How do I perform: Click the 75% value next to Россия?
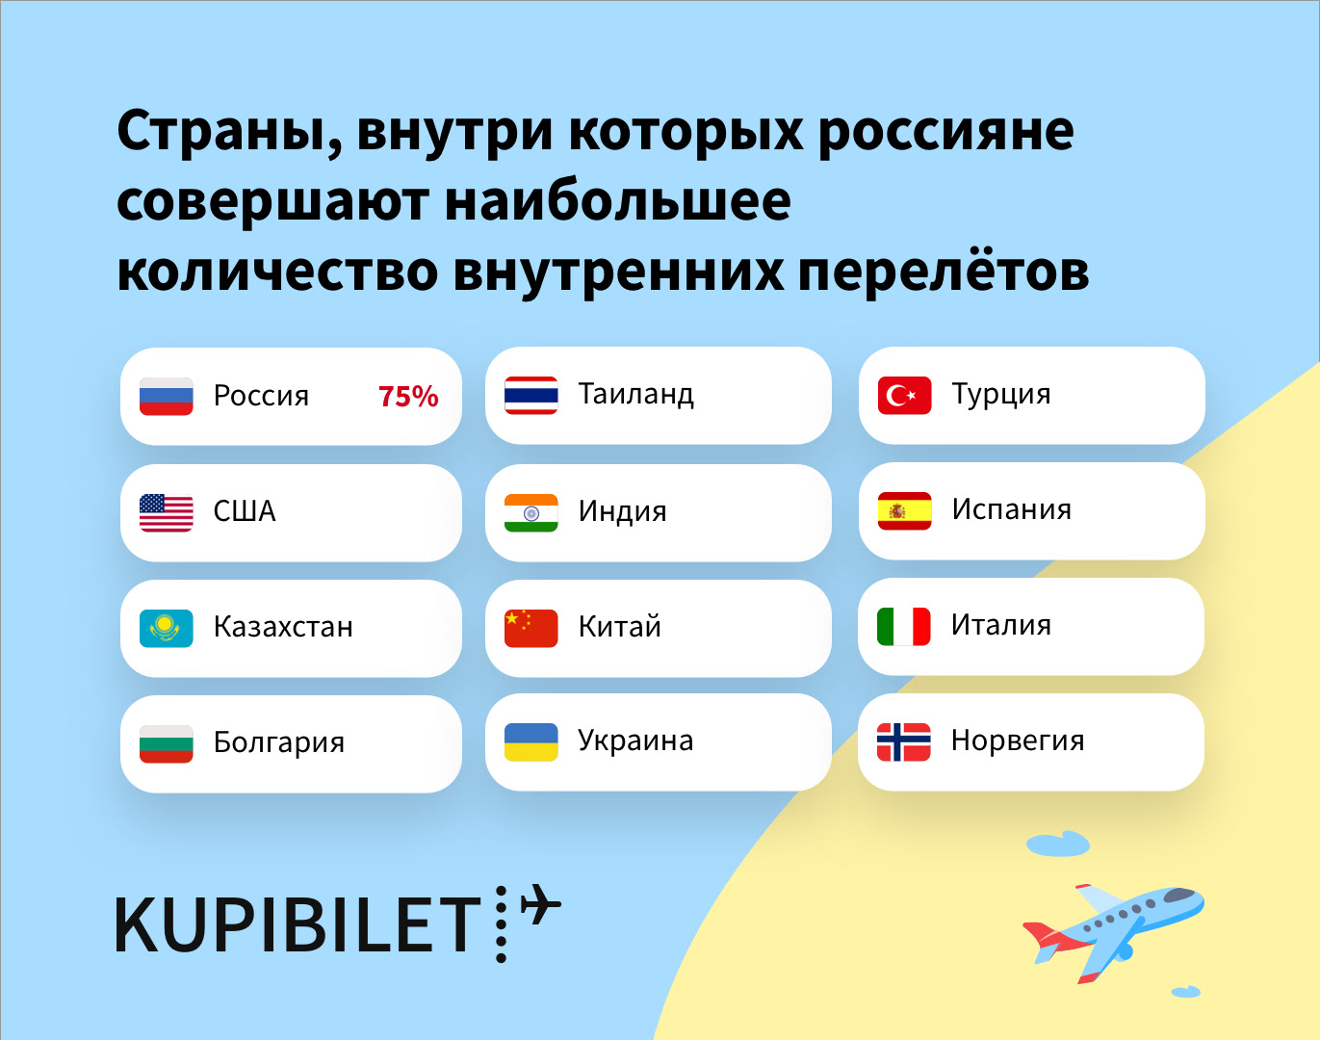(x=408, y=397)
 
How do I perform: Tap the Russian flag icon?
(x=167, y=397)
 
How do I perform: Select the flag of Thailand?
(x=531, y=395)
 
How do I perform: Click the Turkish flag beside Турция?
(x=905, y=395)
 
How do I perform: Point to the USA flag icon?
(x=167, y=512)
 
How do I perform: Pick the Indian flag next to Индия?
(x=531, y=512)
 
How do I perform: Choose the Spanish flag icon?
(x=905, y=510)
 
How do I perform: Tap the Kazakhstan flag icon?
(x=167, y=628)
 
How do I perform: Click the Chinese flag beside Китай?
(x=531, y=628)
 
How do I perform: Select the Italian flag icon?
(x=903, y=627)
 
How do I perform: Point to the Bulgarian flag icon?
(x=167, y=744)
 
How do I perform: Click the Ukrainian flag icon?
(x=531, y=742)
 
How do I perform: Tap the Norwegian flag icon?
(x=903, y=742)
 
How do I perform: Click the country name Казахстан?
(x=283, y=627)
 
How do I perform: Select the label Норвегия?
(x=1018, y=741)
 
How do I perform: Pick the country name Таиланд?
(x=636, y=395)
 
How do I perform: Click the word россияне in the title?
(x=945, y=134)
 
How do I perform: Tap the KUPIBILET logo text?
(x=298, y=925)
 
